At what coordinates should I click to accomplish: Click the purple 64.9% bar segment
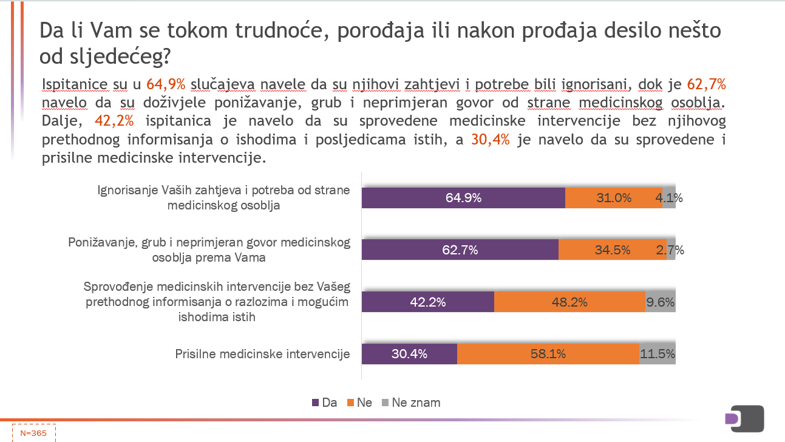point(463,198)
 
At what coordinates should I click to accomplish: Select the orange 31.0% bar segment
point(613,198)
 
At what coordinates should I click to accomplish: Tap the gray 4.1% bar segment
point(669,198)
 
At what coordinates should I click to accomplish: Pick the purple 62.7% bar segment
point(460,250)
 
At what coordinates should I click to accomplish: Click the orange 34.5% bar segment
point(612,250)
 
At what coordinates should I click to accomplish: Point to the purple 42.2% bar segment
point(428,302)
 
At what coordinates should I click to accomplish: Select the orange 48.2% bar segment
point(569,302)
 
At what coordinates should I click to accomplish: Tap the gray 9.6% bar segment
point(661,302)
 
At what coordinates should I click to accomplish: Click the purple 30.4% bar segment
point(409,353)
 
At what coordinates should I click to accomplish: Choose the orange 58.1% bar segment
point(548,353)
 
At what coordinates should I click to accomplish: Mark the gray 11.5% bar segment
point(658,353)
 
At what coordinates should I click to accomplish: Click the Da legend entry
point(324,403)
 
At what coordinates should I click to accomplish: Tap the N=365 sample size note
point(33,433)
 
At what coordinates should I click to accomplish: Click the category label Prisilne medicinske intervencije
point(262,354)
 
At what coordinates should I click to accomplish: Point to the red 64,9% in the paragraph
point(166,83)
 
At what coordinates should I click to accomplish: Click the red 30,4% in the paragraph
point(491,139)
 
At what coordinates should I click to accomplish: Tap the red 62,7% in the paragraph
point(706,83)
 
